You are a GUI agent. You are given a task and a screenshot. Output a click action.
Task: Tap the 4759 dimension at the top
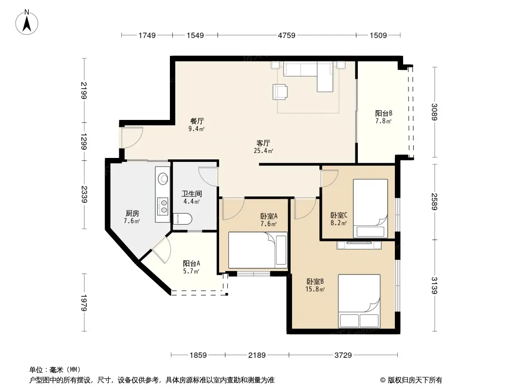(x=287, y=35)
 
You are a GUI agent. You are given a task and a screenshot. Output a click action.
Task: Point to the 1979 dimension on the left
(x=83, y=303)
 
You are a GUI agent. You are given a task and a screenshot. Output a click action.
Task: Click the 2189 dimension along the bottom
(x=257, y=355)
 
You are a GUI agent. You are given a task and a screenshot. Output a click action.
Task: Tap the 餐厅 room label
(x=197, y=121)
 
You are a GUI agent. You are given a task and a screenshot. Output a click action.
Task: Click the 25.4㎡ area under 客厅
(x=263, y=151)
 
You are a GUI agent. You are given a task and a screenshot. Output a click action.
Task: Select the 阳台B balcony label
(x=384, y=113)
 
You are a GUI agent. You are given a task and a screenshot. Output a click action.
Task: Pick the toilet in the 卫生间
(x=183, y=219)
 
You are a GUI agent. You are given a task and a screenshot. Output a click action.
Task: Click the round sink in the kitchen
(x=163, y=178)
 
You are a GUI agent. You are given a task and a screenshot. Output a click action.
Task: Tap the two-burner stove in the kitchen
(x=163, y=205)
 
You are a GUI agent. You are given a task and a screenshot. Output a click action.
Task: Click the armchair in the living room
(x=280, y=92)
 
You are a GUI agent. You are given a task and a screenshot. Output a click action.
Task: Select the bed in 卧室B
(x=359, y=301)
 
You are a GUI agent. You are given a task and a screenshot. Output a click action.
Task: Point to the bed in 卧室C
(x=371, y=209)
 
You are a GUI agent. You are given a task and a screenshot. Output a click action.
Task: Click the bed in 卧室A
(x=258, y=250)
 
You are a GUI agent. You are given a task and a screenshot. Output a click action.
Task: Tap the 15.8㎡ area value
(x=315, y=289)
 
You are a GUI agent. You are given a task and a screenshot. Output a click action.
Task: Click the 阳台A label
(x=191, y=263)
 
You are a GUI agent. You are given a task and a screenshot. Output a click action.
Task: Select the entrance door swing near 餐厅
(x=132, y=137)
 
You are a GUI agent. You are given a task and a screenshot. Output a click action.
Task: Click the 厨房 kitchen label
(x=132, y=214)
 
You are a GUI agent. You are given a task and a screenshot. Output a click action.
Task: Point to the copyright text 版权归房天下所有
(x=415, y=380)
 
